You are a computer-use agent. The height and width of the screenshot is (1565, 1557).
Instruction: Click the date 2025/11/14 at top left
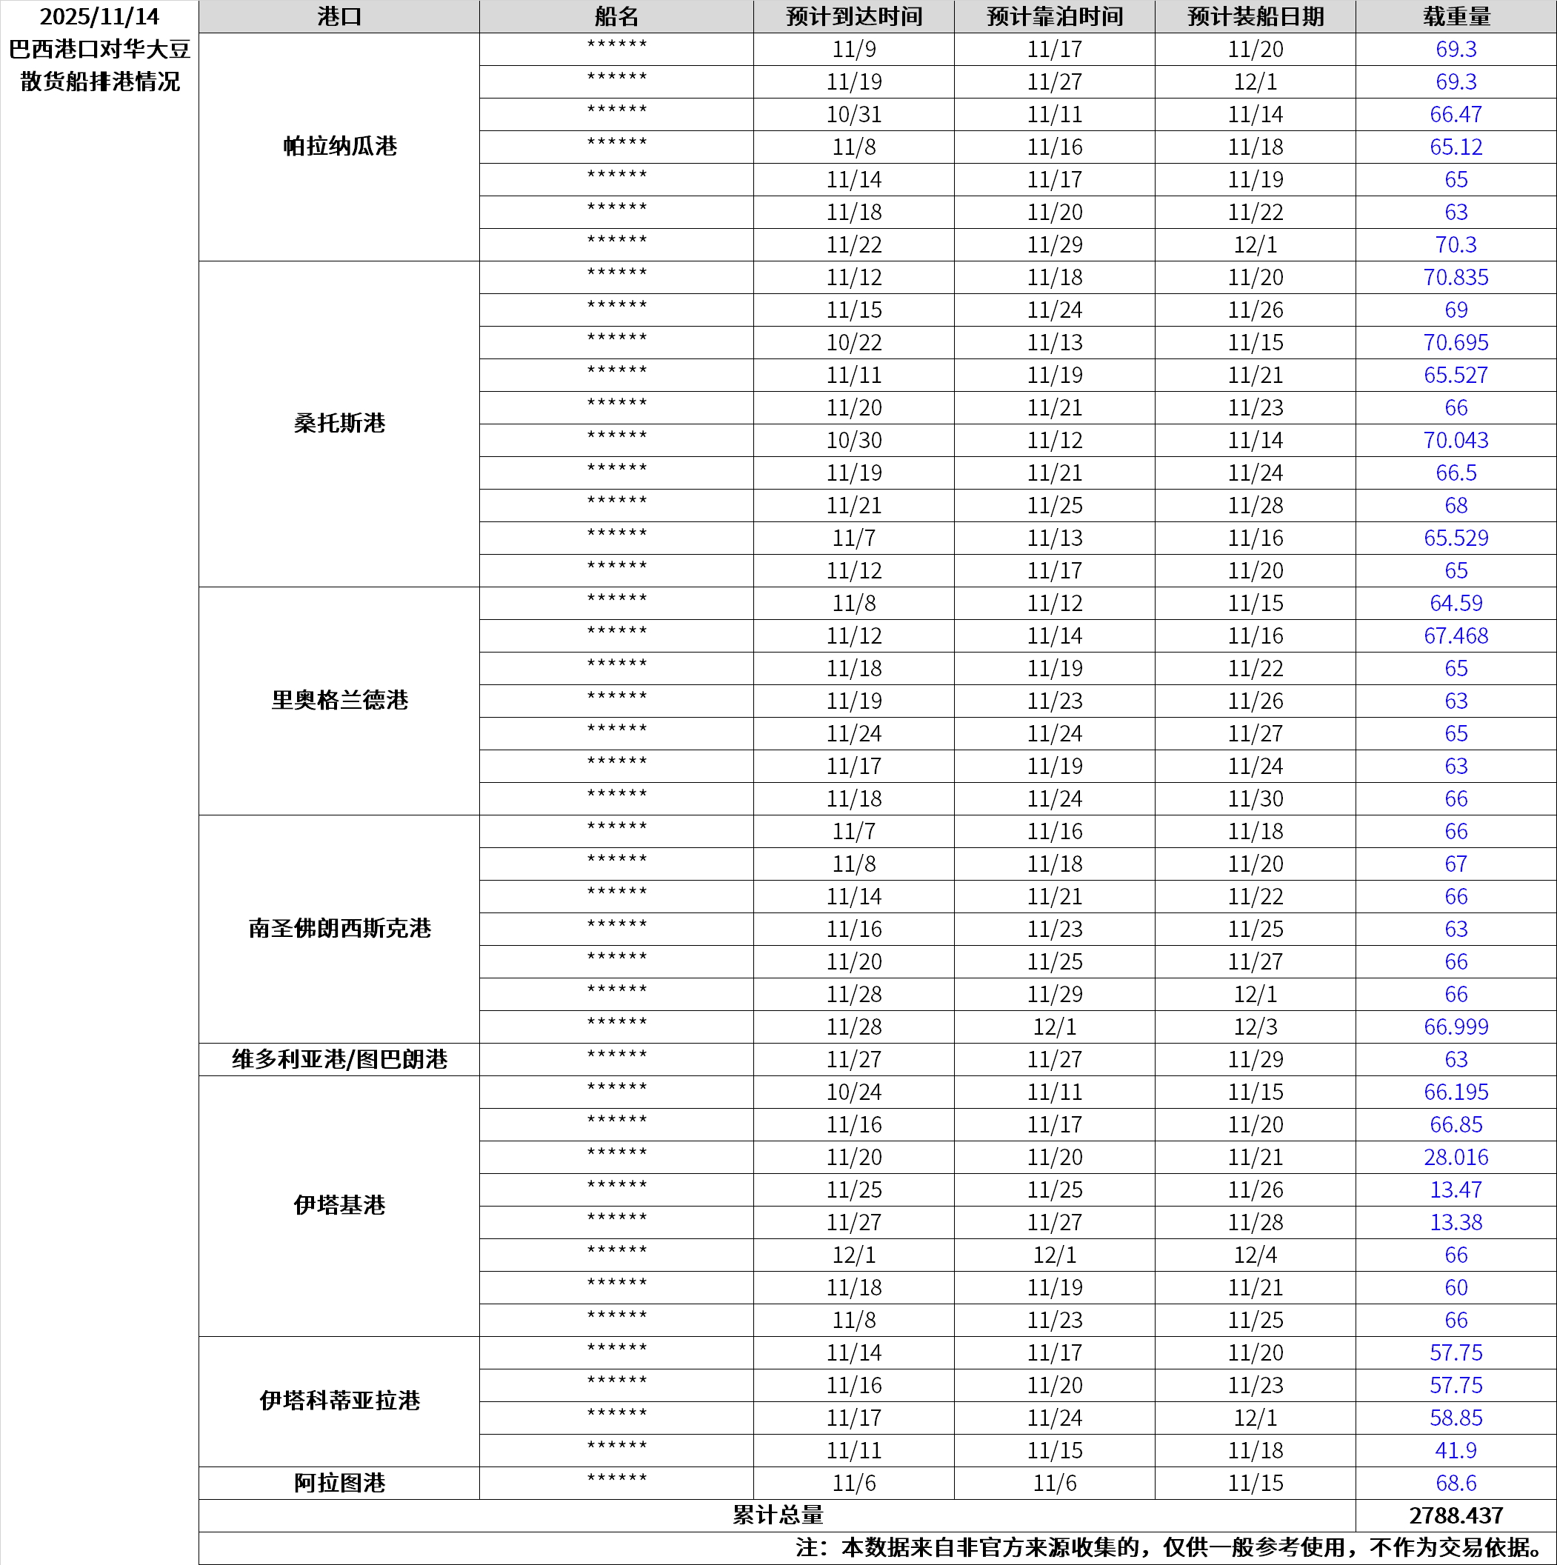point(99,17)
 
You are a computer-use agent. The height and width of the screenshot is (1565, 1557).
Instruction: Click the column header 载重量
point(1455,17)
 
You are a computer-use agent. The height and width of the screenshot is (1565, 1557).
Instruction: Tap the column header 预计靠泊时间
point(1054,17)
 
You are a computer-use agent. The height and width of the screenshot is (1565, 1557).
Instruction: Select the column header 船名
point(616,17)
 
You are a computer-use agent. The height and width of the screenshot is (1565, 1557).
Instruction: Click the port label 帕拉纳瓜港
point(339,147)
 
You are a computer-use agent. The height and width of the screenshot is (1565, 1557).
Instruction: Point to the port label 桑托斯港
point(339,424)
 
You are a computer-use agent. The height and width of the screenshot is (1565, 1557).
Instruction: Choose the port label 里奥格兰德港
point(339,701)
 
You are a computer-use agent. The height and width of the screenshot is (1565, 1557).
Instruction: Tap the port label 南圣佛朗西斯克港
point(339,928)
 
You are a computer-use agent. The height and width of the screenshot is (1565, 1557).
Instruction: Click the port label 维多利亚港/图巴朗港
point(339,1060)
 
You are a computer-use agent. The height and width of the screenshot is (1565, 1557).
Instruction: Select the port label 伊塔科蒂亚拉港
point(339,1401)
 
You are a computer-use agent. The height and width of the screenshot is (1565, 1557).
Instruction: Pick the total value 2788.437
point(1455,1515)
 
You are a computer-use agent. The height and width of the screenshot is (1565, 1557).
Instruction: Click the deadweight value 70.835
point(1455,278)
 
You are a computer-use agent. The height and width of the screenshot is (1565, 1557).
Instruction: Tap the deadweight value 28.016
point(1455,1158)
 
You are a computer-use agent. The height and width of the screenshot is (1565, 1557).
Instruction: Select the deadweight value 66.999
point(1455,1027)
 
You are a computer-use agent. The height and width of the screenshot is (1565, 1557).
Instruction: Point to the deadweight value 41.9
point(1455,1451)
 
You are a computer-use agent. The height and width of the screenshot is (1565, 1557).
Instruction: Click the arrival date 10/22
point(853,343)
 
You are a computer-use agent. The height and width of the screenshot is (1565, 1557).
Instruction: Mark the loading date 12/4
point(1255,1255)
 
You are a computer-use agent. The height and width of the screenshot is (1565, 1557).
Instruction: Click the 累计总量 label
point(777,1515)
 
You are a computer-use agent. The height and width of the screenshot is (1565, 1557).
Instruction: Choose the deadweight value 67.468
point(1455,636)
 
